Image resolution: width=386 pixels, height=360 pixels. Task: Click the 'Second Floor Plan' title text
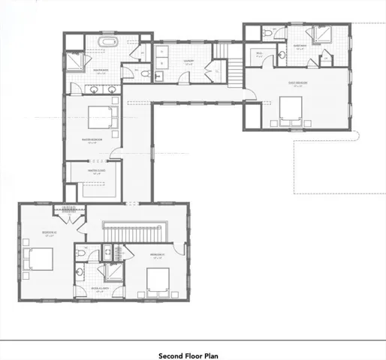188,355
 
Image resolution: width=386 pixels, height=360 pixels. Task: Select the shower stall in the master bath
77,59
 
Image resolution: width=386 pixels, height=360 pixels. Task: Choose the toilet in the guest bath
270,34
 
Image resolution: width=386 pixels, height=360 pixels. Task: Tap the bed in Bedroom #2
38,260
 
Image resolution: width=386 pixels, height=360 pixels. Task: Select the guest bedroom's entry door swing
253,94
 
